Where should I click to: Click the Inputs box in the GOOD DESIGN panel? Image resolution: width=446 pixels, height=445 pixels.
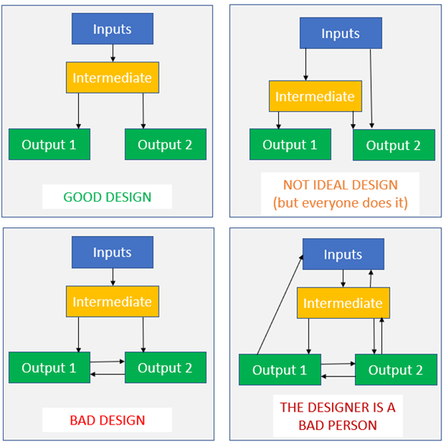112,29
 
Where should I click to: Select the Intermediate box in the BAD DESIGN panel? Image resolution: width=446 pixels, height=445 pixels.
112,301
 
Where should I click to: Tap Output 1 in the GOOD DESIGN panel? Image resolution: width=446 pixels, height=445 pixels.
49,145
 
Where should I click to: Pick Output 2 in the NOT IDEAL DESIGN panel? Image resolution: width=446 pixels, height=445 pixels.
394,145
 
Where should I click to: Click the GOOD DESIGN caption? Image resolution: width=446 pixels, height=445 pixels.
107,197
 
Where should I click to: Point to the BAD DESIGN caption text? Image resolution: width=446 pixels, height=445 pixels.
108,420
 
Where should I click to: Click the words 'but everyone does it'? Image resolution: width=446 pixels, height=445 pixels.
340,203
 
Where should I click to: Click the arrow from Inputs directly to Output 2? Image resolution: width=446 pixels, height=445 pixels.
372,88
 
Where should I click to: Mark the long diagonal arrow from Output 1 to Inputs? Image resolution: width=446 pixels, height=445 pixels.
280,304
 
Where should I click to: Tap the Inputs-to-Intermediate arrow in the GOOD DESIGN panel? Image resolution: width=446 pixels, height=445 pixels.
112,53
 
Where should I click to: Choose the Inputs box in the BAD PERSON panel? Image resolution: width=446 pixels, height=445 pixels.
343,254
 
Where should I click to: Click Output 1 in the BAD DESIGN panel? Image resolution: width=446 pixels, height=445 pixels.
49,367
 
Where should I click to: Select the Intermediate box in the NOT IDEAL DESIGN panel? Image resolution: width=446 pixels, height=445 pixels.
315,97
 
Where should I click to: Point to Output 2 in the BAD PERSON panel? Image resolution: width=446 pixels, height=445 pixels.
396,370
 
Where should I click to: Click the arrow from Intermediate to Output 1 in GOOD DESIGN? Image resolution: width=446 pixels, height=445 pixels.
78,111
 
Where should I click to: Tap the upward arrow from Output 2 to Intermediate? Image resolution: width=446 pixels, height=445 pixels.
381,336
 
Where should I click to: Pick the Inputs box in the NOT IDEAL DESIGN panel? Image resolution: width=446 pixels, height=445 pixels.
340,33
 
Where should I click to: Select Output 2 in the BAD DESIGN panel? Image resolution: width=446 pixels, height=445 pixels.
166,367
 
